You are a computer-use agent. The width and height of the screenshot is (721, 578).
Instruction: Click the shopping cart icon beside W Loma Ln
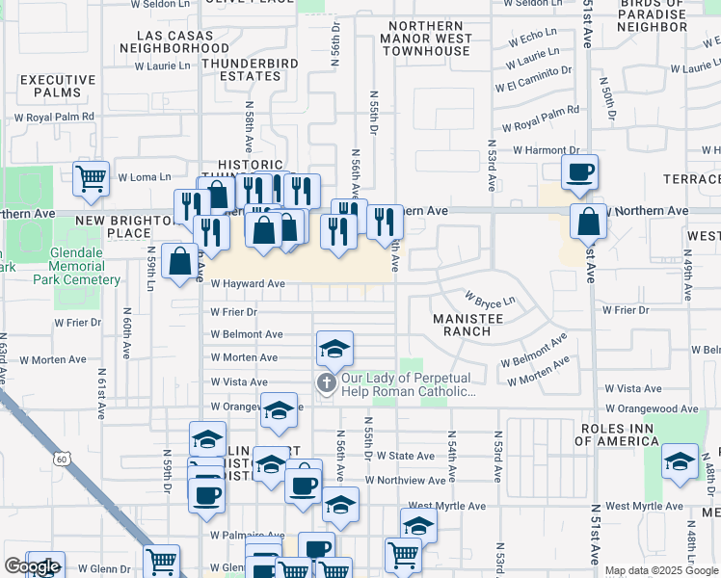click(90, 177)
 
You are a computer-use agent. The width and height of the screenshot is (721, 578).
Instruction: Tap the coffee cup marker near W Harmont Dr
click(579, 171)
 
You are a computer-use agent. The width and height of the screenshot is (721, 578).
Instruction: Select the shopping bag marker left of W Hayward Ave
click(180, 260)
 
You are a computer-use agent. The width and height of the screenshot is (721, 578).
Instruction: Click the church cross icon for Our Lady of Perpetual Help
click(327, 384)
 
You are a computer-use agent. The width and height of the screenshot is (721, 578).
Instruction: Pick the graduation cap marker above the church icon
click(334, 348)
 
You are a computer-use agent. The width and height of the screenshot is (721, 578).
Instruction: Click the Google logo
click(32, 566)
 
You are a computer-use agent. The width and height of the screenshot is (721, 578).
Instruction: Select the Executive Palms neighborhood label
click(58, 86)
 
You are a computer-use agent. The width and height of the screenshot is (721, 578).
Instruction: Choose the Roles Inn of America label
click(630, 433)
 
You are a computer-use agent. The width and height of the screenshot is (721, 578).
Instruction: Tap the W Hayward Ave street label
click(248, 284)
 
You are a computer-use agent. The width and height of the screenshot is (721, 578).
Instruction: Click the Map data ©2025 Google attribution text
click(661, 570)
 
